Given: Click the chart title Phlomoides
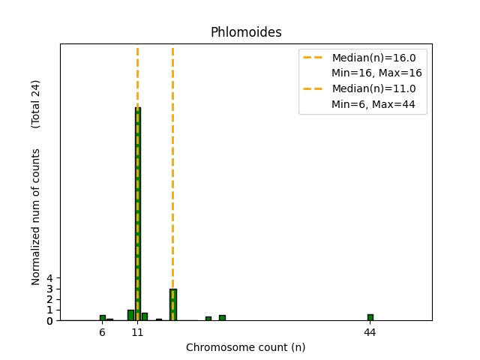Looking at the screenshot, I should (x=246, y=32).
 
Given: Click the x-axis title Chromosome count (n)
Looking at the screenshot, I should (x=246, y=347).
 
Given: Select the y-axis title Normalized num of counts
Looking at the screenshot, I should (x=36, y=217).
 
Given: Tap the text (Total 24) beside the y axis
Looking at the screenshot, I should (x=36, y=103).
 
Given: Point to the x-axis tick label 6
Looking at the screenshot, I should (x=102, y=331).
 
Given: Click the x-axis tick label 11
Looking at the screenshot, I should (x=137, y=331).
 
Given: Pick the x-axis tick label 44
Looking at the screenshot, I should (x=370, y=331).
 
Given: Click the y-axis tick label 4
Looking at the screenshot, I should (x=50, y=278).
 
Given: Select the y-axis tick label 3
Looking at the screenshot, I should (x=50, y=289).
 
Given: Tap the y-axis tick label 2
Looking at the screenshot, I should (x=50, y=299).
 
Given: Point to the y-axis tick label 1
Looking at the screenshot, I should (x=50, y=310).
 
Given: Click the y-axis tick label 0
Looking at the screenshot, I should (x=50, y=321).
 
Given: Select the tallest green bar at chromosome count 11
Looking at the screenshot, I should (x=138, y=214).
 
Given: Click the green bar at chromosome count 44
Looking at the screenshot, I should (x=370, y=317).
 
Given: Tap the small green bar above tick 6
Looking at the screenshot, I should (x=103, y=318).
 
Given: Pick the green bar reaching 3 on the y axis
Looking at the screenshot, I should (x=173, y=304).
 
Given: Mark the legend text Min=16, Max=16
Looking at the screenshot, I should (x=376, y=73).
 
